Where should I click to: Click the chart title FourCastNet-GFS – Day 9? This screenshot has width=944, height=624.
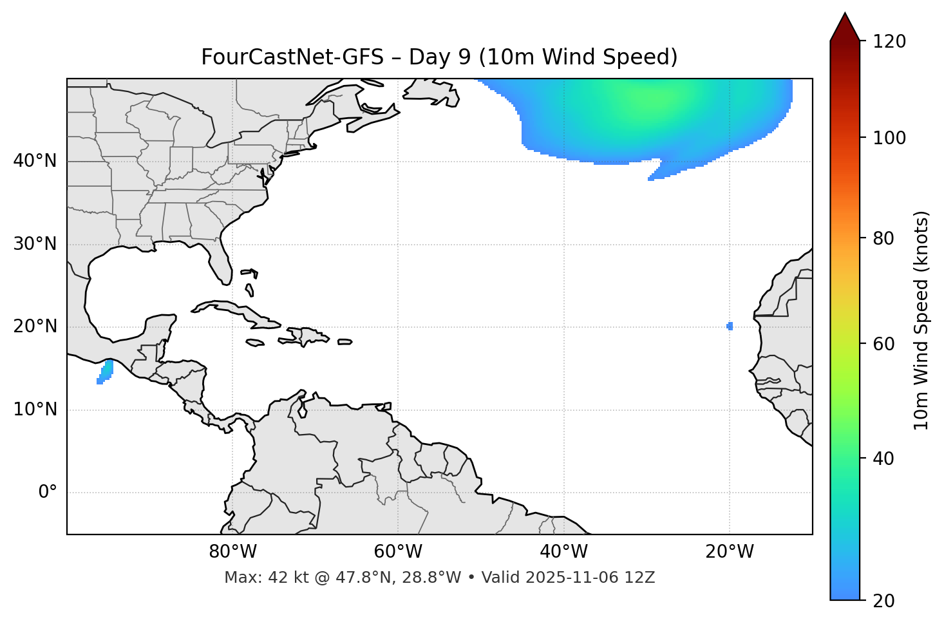click(439, 57)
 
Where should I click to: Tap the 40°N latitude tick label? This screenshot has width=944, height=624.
click(35, 161)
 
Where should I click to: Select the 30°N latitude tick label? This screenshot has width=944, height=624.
click(35, 244)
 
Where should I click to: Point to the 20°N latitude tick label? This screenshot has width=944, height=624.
click(35, 326)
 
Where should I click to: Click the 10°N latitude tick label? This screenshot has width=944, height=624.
click(35, 410)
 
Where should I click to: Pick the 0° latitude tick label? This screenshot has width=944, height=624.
click(48, 493)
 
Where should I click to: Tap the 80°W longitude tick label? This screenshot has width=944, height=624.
click(232, 552)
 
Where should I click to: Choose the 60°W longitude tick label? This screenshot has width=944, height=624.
click(398, 552)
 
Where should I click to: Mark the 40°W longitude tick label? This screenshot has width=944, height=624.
click(563, 552)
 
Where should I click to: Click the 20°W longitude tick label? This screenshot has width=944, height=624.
click(730, 552)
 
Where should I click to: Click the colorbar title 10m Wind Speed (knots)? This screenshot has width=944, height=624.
click(921, 320)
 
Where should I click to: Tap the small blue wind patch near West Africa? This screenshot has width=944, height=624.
click(730, 326)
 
